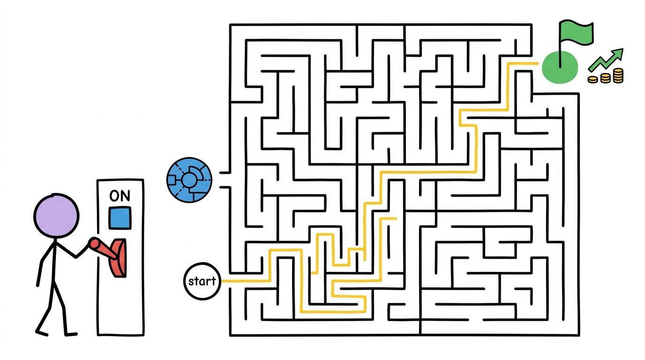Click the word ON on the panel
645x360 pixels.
click(x=120, y=196)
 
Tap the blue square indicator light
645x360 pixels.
click(x=120, y=218)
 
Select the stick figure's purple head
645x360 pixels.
click(x=56, y=216)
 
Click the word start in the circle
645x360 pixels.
click(x=202, y=281)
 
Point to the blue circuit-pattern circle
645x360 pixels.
click(x=189, y=180)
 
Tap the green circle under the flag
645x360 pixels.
click(x=560, y=67)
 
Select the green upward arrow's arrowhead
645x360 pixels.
click(x=617, y=54)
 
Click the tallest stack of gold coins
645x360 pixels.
click(x=618, y=76)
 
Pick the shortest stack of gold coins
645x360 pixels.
click(x=592, y=80)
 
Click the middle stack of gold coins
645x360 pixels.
click(x=605, y=78)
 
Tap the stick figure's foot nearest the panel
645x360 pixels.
click(x=71, y=334)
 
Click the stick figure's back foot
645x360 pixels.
click(x=41, y=333)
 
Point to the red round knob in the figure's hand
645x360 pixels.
click(x=94, y=243)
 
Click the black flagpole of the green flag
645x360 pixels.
click(x=560, y=45)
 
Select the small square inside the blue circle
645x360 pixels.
click(x=172, y=180)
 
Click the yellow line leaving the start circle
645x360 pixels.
click(x=246, y=281)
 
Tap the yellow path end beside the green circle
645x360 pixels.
click(x=537, y=63)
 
